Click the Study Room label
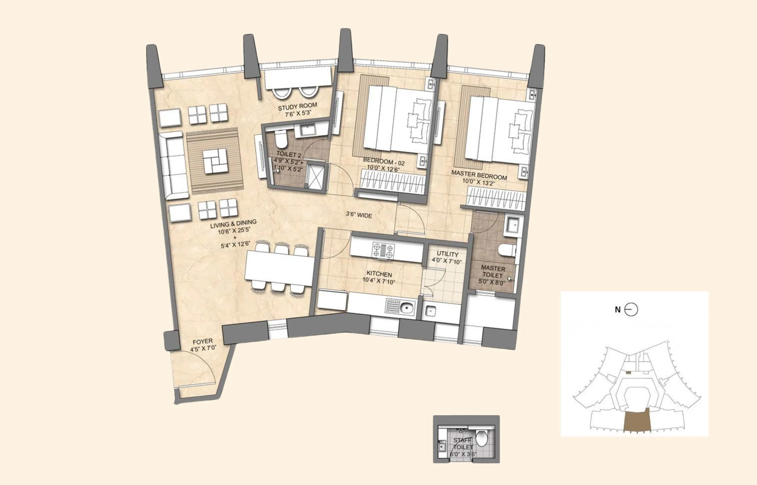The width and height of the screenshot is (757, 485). click(297, 106)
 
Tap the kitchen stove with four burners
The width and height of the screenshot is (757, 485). click(383, 251)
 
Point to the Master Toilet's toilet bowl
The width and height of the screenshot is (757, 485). click(507, 250)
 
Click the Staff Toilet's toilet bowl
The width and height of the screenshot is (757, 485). click(481, 438)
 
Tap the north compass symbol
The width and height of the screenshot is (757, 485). click(631, 310)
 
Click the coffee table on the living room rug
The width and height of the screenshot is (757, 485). click(215, 161)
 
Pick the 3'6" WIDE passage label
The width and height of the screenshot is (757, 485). click(359, 215)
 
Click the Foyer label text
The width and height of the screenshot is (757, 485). click(203, 341)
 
